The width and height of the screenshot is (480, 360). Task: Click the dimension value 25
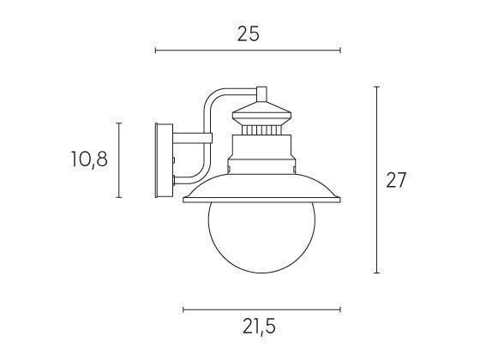click(x=248, y=33)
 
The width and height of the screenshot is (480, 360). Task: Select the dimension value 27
click(x=395, y=180)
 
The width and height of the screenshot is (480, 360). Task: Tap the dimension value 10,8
click(x=89, y=159)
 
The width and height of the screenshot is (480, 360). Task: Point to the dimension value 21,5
click(x=259, y=327)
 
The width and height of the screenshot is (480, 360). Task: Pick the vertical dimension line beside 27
click(x=377, y=179)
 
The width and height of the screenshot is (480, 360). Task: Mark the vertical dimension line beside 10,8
click(x=119, y=159)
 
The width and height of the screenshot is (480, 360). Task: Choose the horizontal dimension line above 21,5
click(x=261, y=309)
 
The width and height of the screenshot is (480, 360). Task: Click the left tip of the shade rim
click(x=185, y=201)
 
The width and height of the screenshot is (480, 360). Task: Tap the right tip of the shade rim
click(x=339, y=201)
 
